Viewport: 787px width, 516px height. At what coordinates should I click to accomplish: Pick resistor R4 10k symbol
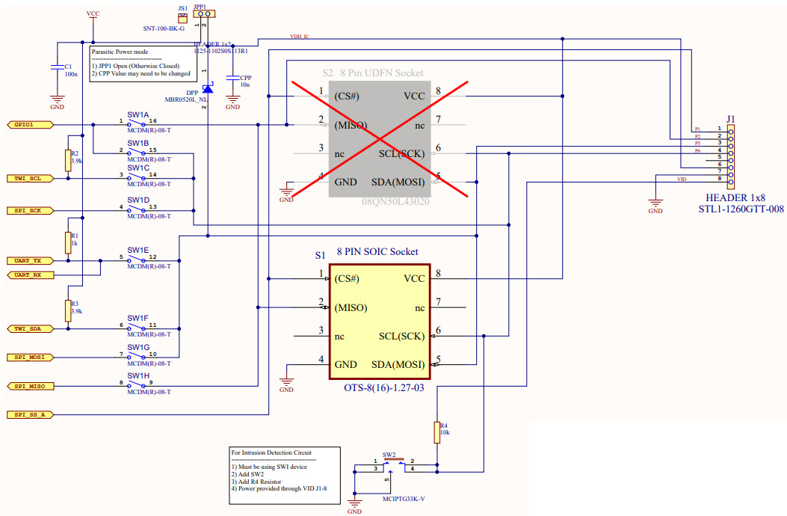coord(436,432)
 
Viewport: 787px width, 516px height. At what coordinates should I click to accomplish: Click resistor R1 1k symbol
coord(68,243)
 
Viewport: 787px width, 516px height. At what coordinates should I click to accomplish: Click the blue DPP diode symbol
coord(208,89)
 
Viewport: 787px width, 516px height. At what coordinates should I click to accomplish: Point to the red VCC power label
coord(93,13)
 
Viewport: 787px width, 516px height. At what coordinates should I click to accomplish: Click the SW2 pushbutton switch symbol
coord(389,465)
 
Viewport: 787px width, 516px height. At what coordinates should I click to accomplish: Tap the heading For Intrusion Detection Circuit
coord(271,452)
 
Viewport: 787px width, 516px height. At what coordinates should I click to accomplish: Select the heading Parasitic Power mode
coord(120,52)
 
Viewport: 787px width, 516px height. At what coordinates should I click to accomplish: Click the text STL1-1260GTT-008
coord(741,209)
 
